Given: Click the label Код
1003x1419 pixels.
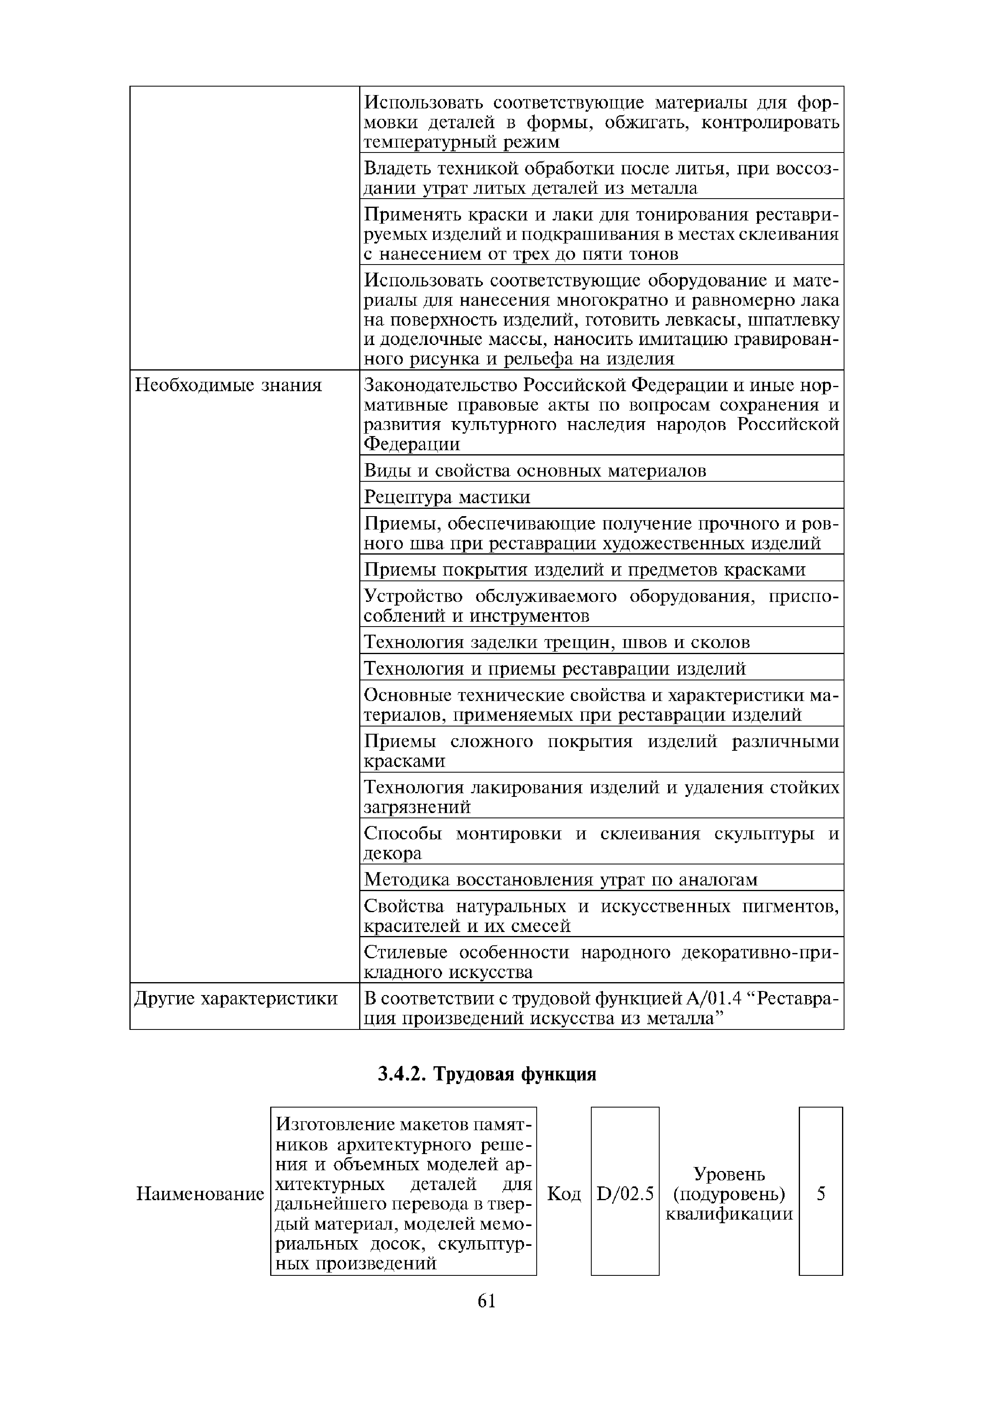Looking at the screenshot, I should coord(564,1194).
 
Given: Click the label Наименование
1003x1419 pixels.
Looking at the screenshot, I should coord(200,1194).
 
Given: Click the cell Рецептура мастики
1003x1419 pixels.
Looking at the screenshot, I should coord(447,498).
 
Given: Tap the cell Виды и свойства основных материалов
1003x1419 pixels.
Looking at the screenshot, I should coord(535,471).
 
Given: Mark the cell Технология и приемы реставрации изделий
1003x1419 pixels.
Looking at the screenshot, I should coord(554,669).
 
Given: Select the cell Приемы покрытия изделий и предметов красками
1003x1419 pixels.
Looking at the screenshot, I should coord(584,569).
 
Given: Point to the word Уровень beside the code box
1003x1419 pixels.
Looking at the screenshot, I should coord(729,1173).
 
